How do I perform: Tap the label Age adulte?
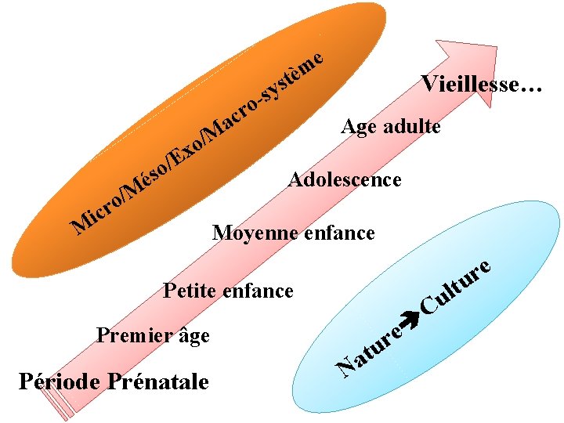(x=391, y=126)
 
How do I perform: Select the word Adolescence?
(x=345, y=180)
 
